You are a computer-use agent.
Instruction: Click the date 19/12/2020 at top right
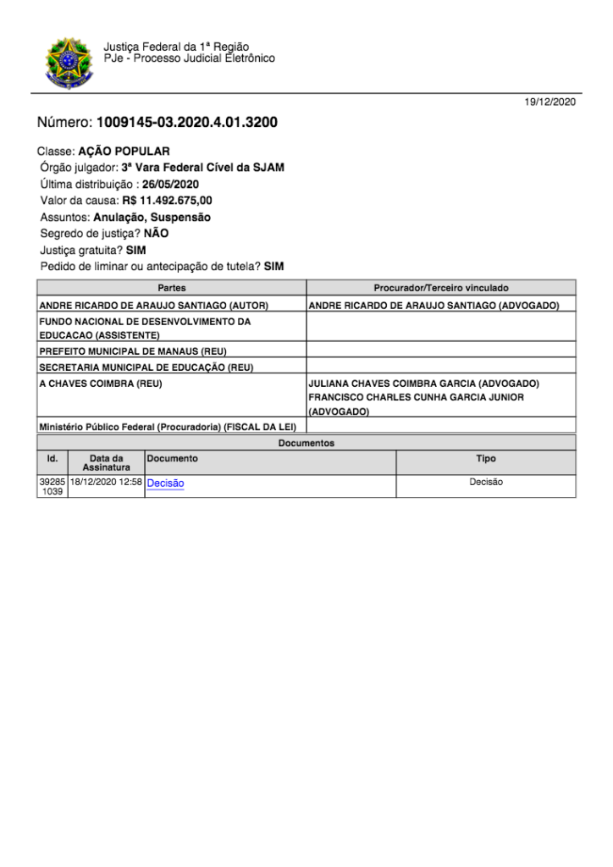click(550, 102)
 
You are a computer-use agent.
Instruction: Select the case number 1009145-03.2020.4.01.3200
click(187, 123)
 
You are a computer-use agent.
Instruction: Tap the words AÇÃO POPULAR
click(130, 152)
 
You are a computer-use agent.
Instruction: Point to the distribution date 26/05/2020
click(170, 184)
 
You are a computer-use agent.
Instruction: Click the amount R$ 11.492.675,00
click(161, 201)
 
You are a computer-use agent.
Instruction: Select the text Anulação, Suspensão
click(152, 217)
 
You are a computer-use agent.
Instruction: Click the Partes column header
click(172, 289)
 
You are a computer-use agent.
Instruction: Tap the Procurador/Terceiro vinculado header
click(441, 289)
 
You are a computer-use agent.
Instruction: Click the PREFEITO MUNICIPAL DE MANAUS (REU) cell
click(133, 351)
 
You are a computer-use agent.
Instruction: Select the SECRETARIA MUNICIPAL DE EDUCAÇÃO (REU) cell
click(146, 367)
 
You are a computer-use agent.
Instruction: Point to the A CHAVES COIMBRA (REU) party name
click(101, 384)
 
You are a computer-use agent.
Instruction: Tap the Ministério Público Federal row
click(167, 427)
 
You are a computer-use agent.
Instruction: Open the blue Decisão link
click(165, 483)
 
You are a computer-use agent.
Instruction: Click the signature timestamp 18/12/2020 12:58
click(106, 482)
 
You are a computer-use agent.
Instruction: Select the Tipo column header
click(486, 459)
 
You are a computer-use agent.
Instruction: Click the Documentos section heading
click(306, 443)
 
